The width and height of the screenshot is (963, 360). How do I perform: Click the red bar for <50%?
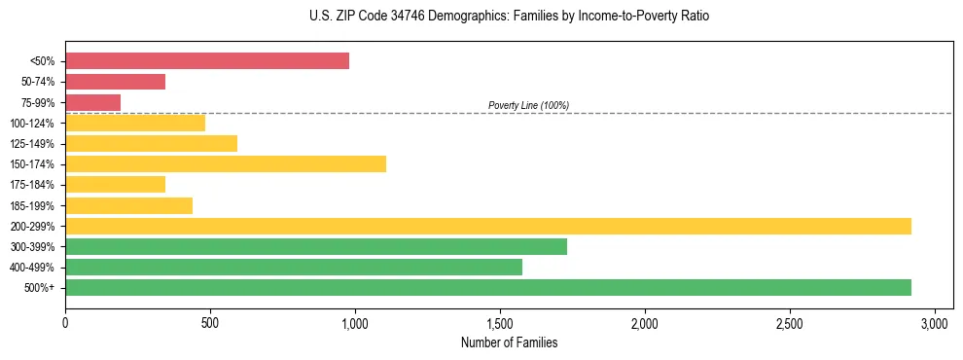point(207,61)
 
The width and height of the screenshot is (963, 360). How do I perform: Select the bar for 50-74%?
point(115,82)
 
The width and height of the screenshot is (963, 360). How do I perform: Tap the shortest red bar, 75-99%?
point(92,102)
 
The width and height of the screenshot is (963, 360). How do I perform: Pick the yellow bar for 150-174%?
point(226,163)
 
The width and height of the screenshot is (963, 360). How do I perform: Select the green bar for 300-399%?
point(316,246)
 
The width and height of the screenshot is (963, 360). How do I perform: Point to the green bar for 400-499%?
point(294,267)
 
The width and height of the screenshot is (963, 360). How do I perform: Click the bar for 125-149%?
point(151,143)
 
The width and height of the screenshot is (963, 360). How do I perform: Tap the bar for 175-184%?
point(115,184)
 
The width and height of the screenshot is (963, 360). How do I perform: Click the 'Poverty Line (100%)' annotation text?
point(528,105)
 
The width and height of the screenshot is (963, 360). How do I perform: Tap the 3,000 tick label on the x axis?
point(935,322)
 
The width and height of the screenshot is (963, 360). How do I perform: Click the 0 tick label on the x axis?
point(65,322)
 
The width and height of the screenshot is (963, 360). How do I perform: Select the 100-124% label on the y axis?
point(32,124)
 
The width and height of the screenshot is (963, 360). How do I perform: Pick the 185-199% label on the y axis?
point(32,205)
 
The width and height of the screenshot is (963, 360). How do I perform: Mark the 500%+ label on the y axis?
point(39,288)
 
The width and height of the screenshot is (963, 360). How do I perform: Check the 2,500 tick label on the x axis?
point(790,322)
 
